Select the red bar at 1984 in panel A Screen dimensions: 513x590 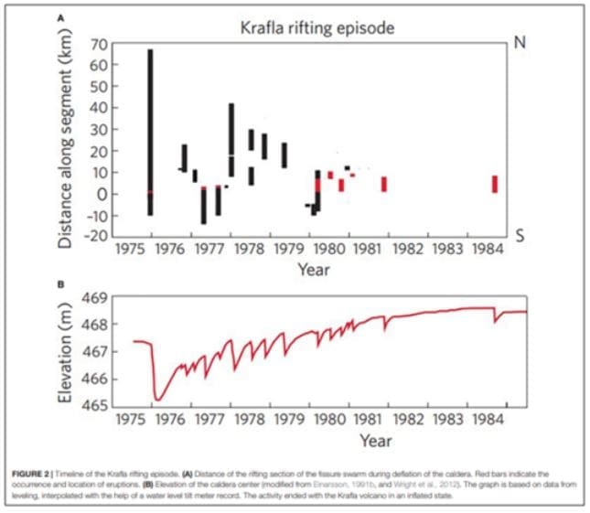pyautogui.click(x=495, y=184)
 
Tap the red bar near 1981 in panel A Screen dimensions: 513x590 pyautogui.click(x=384, y=184)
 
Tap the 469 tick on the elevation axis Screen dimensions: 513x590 pyautogui.click(x=96, y=297)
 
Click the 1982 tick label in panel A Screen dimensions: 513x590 pyautogui.click(x=413, y=248)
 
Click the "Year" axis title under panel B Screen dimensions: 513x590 pyautogui.click(x=375, y=441)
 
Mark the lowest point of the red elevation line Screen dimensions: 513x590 pyautogui.click(x=158, y=400)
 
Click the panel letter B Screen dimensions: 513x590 pyautogui.click(x=60, y=284)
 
